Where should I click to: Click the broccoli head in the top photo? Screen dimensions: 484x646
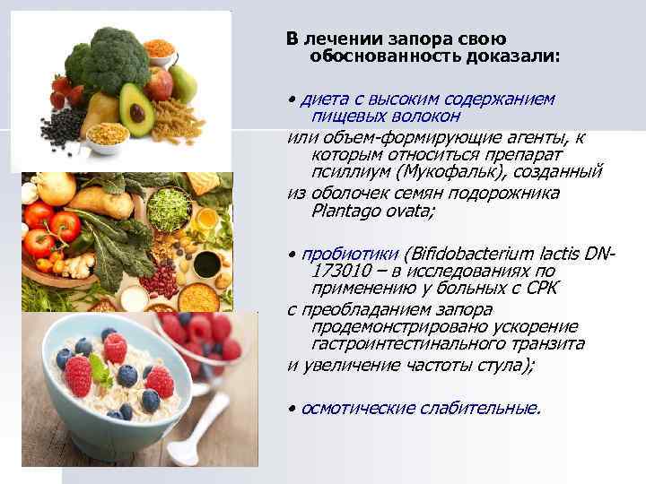[108, 54]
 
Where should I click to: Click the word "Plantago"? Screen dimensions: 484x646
[338, 211]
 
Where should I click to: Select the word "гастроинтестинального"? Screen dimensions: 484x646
[404, 343]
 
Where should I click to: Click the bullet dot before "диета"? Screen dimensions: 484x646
[291, 99]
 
